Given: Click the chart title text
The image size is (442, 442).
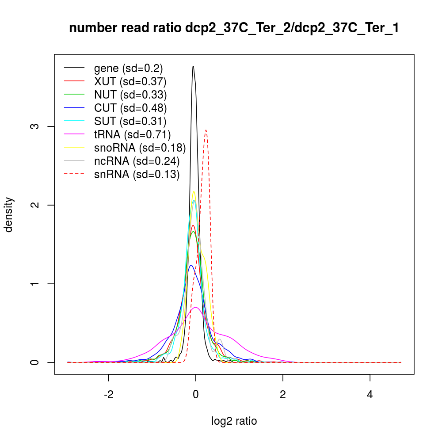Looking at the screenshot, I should click(234, 29).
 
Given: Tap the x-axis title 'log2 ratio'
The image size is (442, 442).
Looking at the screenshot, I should click(234, 421).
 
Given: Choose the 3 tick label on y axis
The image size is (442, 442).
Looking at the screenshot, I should click(38, 126).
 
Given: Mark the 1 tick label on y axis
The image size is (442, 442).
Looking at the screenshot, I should click(38, 283).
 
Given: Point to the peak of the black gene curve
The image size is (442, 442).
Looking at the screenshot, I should click(193, 66).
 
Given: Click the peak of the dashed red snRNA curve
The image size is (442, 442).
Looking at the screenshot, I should click(206, 130).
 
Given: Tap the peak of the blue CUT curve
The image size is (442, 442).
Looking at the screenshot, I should click(191, 265).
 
